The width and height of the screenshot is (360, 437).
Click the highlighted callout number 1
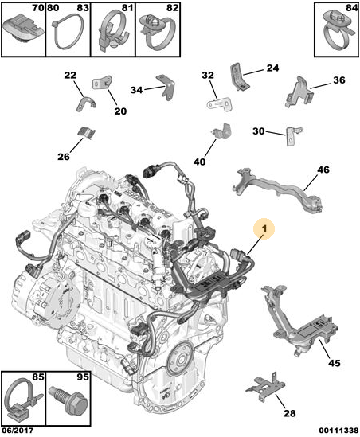[x=264, y=228]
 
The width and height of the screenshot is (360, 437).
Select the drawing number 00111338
[x=338, y=431]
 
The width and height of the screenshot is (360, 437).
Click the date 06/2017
[x=18, y=431]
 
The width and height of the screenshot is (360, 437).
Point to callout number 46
[x=323, y=170]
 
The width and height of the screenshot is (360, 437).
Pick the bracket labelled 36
[x=299, y=92]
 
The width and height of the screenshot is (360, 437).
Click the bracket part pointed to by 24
[x=239, y=76]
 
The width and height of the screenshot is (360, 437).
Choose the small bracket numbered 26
[x=86, y=133]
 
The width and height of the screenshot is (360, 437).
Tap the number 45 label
[x=334, y=363]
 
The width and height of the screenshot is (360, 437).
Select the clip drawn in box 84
[x=338, y=32]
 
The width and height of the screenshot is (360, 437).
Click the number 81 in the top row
[x=127, y=8]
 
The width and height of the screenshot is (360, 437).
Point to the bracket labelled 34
[x=166, y=87]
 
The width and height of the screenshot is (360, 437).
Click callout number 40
[x=199, y=162]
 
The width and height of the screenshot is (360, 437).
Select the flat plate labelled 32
[x=220, y=103]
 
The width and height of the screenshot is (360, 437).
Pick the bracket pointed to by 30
[x=293, y=135]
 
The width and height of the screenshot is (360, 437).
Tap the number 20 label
[x=120, y=111]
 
